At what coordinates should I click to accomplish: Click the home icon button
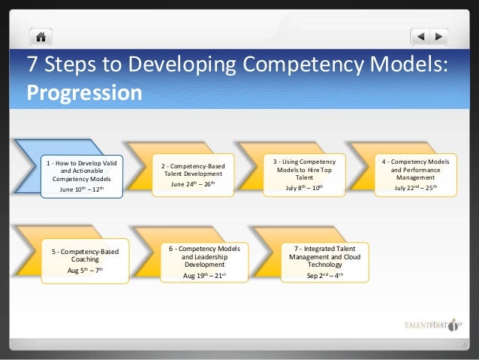click(40, 36)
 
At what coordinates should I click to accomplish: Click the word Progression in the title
click(84, 93)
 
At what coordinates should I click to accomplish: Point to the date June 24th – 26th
click(192, 185)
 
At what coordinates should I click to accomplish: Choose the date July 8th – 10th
click(304, 187)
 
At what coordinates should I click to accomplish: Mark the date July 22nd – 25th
click(416, 187)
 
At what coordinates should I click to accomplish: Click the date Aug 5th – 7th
click(85, 269)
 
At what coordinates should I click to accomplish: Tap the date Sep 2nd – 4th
click(315, 275)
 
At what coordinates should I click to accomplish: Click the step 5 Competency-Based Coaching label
click(85, 255)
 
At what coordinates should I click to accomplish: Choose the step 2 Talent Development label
click(192, 169)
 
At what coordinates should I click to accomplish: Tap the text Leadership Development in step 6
click(203, 261)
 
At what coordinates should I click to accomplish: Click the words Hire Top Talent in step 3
click(305, 174)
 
